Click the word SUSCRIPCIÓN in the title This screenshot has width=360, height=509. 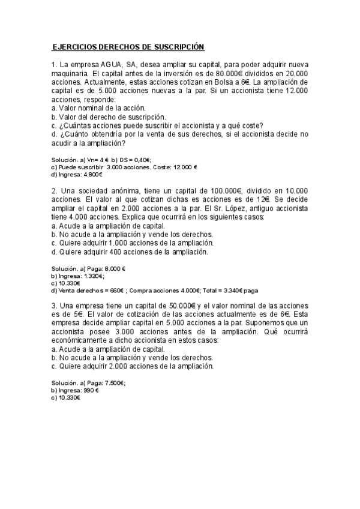point(179,47)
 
